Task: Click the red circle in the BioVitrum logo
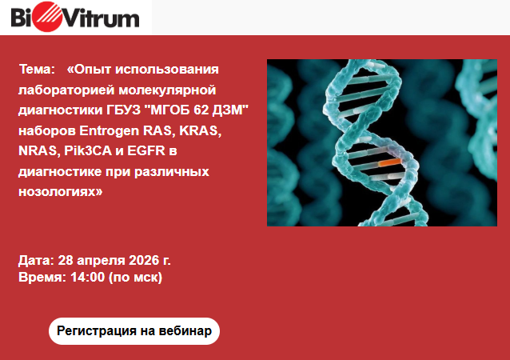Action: [x=47, y=17]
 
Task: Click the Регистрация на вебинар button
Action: [x=134, y=331]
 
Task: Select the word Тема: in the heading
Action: [x=37, y=70]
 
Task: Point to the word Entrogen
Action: [x=109, y=131]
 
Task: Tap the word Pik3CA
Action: [x=88, y=151]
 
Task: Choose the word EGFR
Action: [x=146, y=151]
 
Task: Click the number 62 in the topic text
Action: [x=201, y=110]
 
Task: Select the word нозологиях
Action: [x=60, y=192]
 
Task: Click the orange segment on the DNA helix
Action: [x=389, y=162]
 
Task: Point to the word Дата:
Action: [x=37, y=261]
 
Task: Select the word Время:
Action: [x=42, y=278]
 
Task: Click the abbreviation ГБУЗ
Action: [x=123, y=110]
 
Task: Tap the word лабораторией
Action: [x=66, y=90]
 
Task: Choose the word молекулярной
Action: [x=167, y=90]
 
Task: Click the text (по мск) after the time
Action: [x=135, y=278]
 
